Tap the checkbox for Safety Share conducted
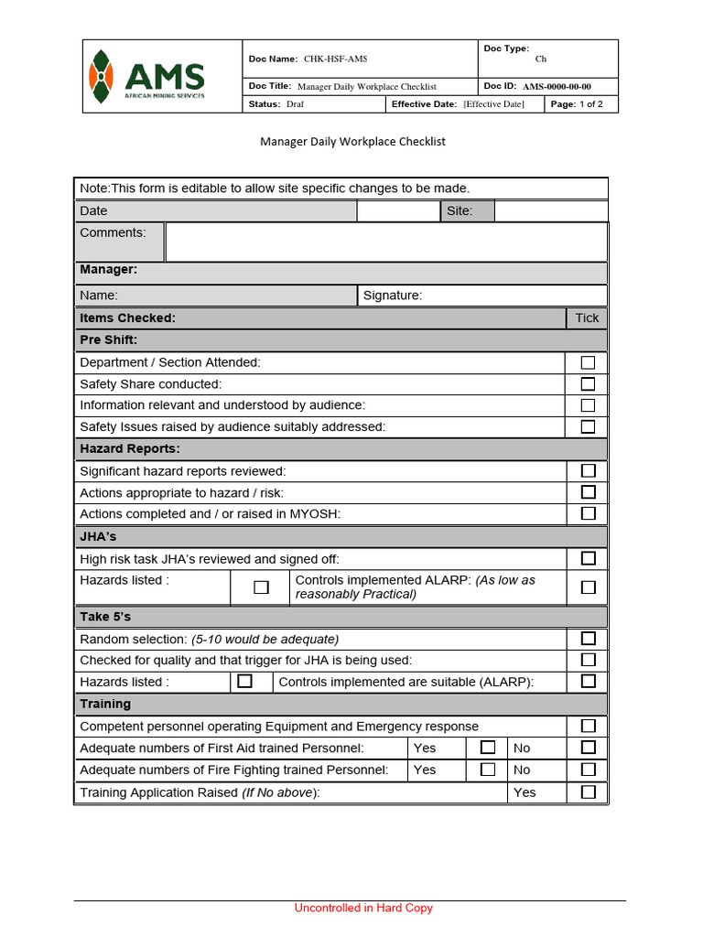pos(588,384)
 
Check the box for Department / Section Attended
pos(588,362)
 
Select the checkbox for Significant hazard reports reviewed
pos(588,470)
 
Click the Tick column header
pos(587,318)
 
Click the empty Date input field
pos(398,211)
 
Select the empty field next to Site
pos(550,211)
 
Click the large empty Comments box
pos(385,242)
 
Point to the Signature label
pos(393,296)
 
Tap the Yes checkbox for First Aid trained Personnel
pos(488,748)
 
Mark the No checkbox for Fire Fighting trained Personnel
pos(588,770)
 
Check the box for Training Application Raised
pos(588,792)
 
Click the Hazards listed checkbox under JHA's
pos(261,587)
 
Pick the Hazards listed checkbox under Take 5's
pos(244,682)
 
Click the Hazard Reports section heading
pos(130,448)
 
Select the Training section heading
pos(105,704)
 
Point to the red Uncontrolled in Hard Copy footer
pos(363,908)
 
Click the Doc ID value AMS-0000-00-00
pos(557,86)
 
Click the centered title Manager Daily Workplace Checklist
pos(352,142)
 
